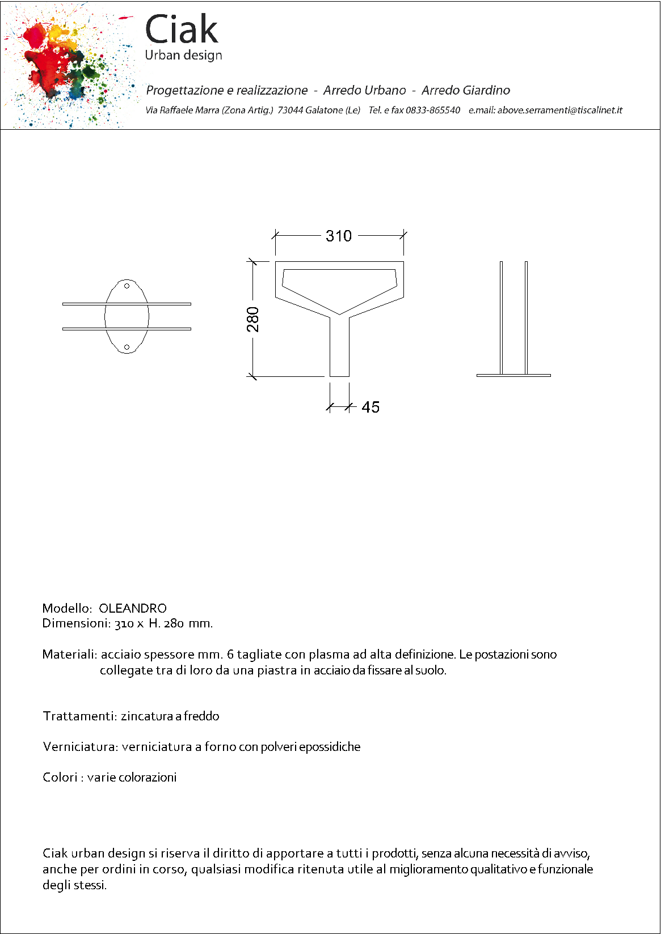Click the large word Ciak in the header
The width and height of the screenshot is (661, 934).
point(181,29)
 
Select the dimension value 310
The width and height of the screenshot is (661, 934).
point(339,236)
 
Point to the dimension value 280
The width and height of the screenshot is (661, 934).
point(253,319)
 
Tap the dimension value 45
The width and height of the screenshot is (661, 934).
point(371,407)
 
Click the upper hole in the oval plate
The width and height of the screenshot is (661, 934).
point(127,286)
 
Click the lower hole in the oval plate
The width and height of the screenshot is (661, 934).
point(127,347)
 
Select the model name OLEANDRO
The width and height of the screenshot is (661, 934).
point(133,608)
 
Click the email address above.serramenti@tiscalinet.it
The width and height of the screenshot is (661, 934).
point(559,110)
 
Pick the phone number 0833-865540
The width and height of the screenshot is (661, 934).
point(432,110)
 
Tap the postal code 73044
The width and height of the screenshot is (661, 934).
point(290,110)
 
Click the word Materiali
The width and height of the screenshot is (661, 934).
point(69,654)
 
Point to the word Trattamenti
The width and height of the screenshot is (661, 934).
point(79,716)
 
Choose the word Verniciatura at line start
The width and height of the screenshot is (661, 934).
point(80,746)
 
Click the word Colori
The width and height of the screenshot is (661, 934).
point(60,777)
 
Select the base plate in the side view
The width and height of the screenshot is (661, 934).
point(513,375)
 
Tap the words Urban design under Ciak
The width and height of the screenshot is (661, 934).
point(183,55)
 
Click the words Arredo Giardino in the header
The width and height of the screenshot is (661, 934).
point(465,90)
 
